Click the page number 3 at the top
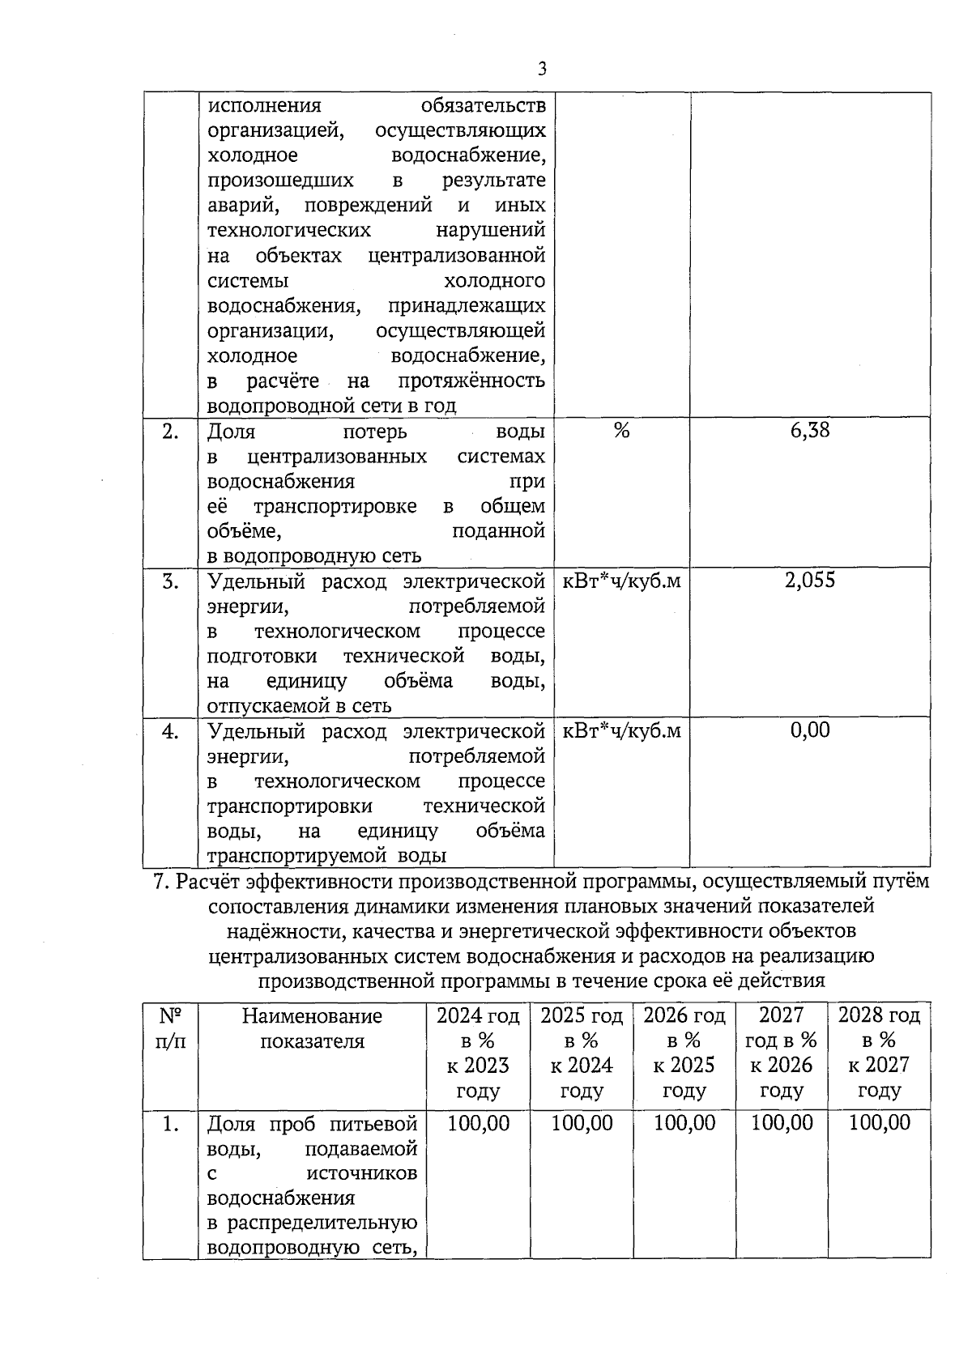click(x=542, y=69)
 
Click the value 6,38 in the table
click(x=810, y=430)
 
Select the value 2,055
click(x=810, y=580)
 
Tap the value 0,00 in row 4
click(x=810, y=730)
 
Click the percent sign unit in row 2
click(x=621, y=431)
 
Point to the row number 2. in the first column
click(x=170, y=432)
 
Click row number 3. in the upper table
click(x=170, y=581)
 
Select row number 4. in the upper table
click(x=170, y=732)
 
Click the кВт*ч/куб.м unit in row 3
click(x=621, y=581)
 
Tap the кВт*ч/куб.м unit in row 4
click(x=621, y=731)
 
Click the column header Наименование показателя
click(x=312, y=1028)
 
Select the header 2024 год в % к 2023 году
click(x=478, y=1053)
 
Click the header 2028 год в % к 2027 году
click(x=879, y=1053)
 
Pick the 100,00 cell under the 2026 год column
click(x=684, y=1123)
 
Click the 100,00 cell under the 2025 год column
click(x=582, y=1123)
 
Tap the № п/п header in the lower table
click(x=170, y=1028)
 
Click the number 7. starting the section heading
click(x=160, y=881)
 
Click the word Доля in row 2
click(x=232, y=432)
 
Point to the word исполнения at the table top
click(x=264, y=106)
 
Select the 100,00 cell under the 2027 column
click(x=782, y=1123)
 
